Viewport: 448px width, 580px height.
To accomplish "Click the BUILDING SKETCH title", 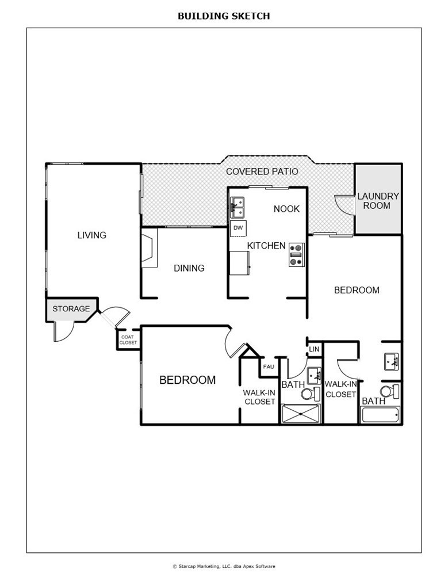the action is click(224, 16).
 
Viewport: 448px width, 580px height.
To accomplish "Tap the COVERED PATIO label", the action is click(262, 171).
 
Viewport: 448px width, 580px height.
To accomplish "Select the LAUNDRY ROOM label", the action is click(378, 201).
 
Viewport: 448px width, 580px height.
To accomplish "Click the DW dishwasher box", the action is click(239, 228).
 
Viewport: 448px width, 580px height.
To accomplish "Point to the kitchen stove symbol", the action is click(296, 255).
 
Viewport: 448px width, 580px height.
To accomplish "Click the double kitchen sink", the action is click(237, 208).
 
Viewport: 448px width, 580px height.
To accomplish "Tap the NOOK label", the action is click(286, 209).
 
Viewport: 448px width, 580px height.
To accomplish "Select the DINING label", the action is click(189, 268).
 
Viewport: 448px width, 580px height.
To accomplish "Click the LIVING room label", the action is click(91, 235).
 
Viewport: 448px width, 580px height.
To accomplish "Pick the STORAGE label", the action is click(71, 308).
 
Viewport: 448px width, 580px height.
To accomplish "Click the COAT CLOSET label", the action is click(128, 340).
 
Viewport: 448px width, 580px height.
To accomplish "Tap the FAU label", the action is click(269, 367).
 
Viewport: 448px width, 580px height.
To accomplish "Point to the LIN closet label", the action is click(314, 349).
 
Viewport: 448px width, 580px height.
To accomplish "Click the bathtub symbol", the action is click(380, 415).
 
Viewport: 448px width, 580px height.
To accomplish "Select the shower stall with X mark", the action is click(301, 414).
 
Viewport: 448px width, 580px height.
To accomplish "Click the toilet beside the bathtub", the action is click(389, 391).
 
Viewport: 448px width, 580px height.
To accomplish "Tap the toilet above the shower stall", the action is click(311, 394).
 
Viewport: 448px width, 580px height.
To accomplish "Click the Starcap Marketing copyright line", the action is click(224, 566).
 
